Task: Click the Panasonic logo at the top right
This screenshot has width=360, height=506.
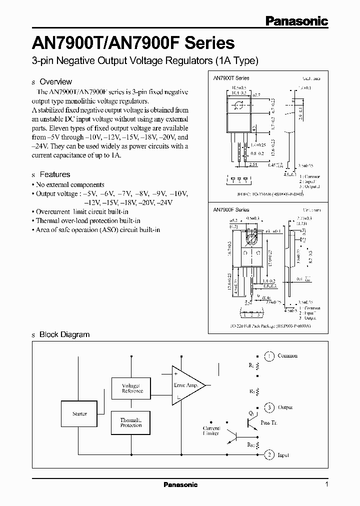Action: [x=296, y=21]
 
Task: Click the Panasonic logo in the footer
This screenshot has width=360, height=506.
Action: [x=181, y=484]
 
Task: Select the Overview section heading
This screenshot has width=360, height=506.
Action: [x=55, y=81]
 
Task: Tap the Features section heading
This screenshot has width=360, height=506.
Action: [x=54, y=174]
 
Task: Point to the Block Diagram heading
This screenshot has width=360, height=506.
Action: [x=64, y=334]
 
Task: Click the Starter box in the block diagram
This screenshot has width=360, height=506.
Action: [x=79, y=414]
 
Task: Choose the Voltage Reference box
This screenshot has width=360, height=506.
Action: [x=132, y=388]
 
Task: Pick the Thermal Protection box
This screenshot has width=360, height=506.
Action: [x=131, y=423]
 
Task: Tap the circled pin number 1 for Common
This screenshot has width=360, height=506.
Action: [x=269, y=356]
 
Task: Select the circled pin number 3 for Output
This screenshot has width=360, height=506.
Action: [x=269, y=407]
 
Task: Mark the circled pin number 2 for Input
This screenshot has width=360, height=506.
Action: [x=269, y=454]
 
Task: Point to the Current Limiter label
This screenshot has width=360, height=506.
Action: [x=211, y=431]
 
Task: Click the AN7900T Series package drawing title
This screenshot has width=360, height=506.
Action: [x=231, y=78]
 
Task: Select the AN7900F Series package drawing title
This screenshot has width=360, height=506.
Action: [x=231, y=210]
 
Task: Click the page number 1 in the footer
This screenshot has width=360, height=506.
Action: [x=326, y=484]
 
